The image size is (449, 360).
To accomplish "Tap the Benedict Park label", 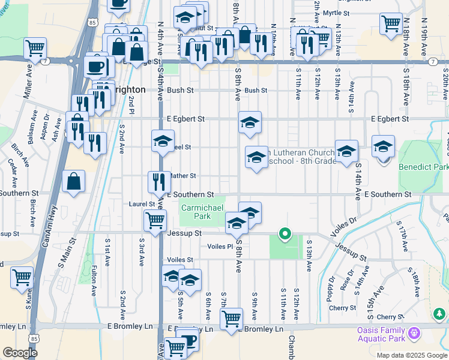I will (423, 166).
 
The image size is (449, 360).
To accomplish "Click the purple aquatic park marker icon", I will (413, 333).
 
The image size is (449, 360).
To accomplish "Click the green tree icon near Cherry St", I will (439, 313).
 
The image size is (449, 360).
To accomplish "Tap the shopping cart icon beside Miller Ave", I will (35, 46).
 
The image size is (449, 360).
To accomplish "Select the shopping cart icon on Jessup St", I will (155, 220).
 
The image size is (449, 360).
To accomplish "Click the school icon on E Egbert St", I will (250, 122).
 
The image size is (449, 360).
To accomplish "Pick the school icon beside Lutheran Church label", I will (256, 157).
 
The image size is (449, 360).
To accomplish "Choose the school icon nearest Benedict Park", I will (383, 146).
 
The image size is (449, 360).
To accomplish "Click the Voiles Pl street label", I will (220, 247).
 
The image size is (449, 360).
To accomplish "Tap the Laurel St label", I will (142, 204).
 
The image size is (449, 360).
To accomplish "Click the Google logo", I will (20, 353).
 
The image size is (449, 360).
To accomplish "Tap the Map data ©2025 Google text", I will (412, 355).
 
